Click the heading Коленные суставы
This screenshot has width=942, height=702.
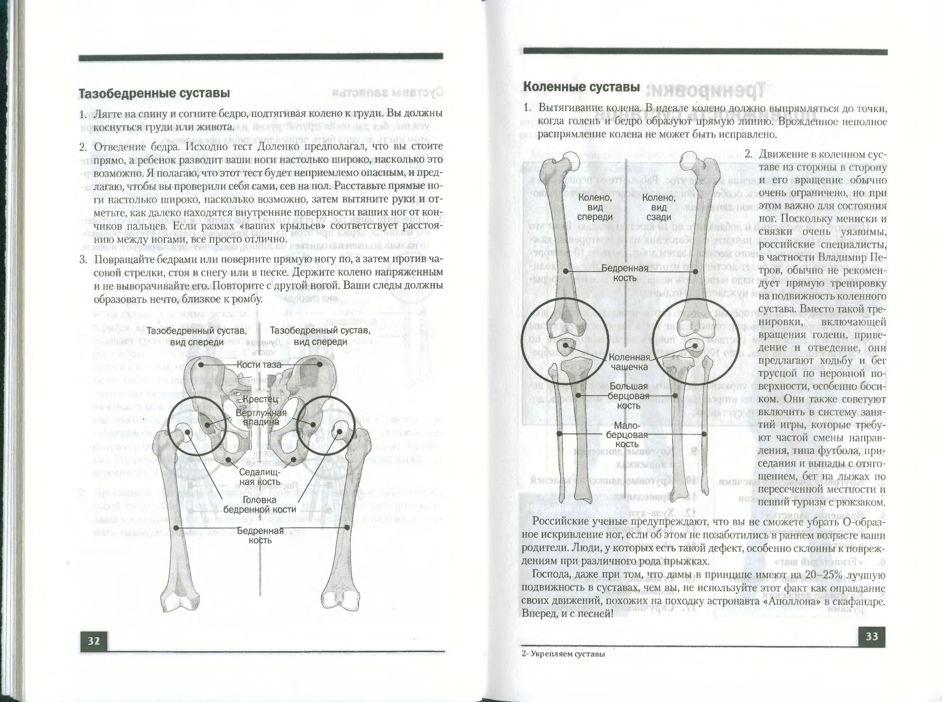click(581, 87)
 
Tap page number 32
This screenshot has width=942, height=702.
click(94, 641)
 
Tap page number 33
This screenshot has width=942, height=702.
click(871, 637)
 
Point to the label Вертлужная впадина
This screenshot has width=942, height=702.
click(261, 417)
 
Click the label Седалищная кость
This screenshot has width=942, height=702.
click(259, 477)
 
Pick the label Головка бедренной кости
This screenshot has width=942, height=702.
click(259, 505)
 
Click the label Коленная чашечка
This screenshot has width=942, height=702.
click(629, 362)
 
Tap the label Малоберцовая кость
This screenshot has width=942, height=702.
click(627, 435)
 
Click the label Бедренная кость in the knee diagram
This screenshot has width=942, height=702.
click(625, 273)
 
